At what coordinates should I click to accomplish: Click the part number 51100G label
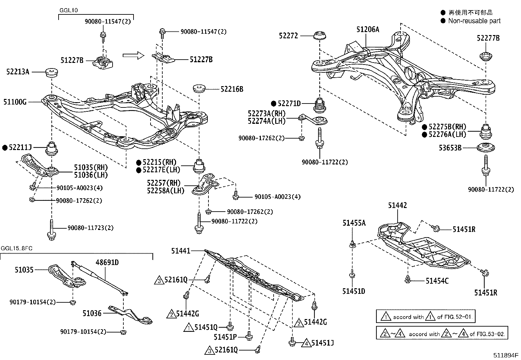15,102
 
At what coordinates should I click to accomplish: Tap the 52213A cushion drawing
51,72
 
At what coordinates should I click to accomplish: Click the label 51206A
368,29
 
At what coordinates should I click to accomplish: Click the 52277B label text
488,38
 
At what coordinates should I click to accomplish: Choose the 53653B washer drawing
485,147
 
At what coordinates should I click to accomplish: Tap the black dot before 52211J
5,148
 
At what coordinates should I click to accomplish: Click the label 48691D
107,262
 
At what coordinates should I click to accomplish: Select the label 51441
180,251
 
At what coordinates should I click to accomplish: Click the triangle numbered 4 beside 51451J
306,343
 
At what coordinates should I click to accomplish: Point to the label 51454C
437,281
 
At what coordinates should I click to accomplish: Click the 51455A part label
354,223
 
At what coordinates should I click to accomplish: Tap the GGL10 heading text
68,10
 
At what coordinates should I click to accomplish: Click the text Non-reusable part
474,21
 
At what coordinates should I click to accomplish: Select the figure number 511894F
506,355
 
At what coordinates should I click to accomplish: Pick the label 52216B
232,89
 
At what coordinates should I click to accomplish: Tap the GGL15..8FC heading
16,248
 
